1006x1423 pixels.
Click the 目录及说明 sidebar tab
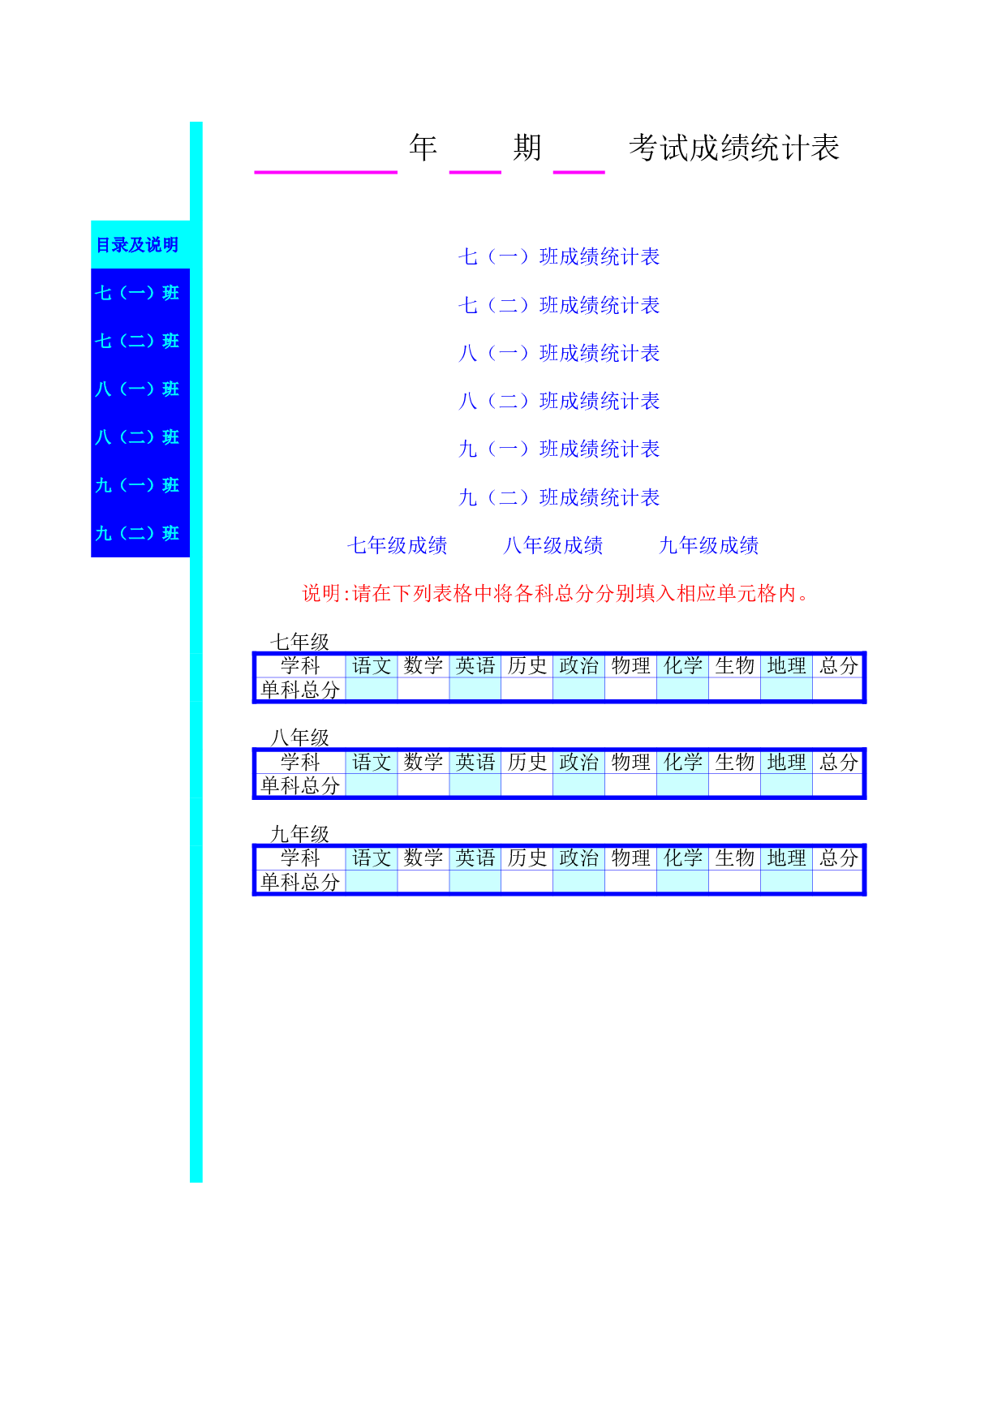[x=137, y=244]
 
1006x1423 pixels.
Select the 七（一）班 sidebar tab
[x=137, y=293]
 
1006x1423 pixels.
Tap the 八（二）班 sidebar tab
[x=137, y=437]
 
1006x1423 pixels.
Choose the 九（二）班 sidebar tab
[x=137, y=533]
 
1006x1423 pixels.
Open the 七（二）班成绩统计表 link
[x=559, y=305]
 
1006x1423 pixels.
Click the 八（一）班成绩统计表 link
[x=559, y=353]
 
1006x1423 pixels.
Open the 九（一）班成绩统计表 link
[x=559, y=449]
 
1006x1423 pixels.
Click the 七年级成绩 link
[x=398, y=545]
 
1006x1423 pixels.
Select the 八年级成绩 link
[x=553, y=545]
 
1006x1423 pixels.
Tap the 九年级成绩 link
[x=709, y=545]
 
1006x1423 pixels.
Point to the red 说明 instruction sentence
[x=556, y=593]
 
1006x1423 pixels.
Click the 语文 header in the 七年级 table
[x=372, y=666]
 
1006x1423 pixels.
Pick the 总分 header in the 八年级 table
[x=839, y=762]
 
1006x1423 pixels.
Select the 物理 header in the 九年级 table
[x=631, y=858]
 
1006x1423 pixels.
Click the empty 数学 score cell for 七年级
[x=423, y=690]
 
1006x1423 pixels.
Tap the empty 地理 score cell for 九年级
[x=787, y=882]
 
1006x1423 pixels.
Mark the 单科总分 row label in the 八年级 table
[x=300, y=785]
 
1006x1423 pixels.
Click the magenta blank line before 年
[x=326, y=172]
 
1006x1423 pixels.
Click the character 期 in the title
[x=527, y=148]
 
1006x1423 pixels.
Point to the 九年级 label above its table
[x=300, y=834]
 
